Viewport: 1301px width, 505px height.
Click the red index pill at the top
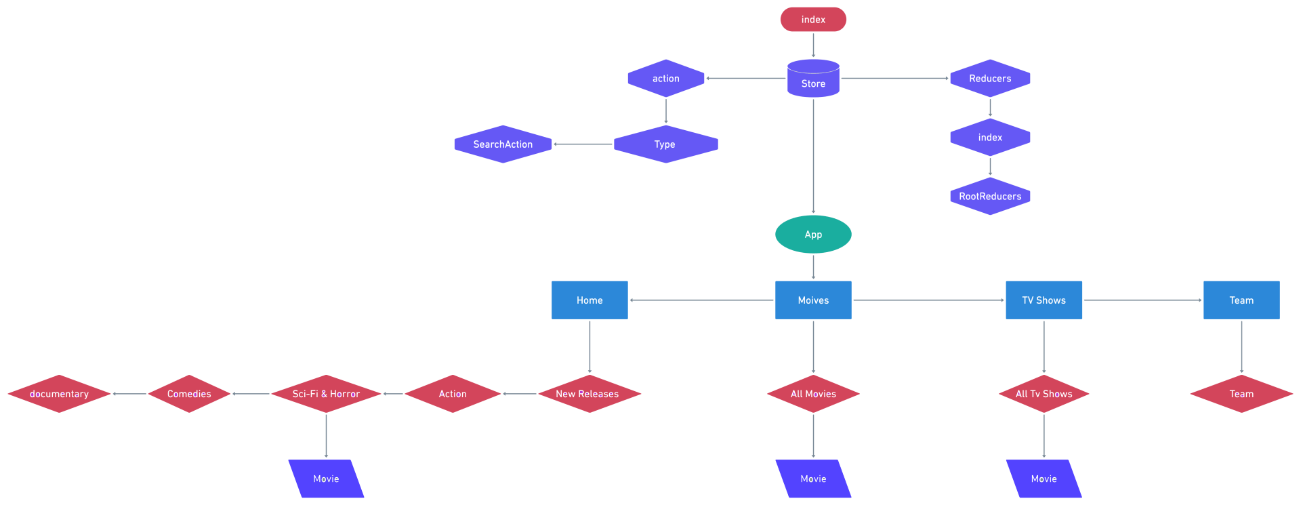[x=813, y=20]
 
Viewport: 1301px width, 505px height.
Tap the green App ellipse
[x=813, y=235]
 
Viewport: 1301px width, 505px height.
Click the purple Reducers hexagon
[x=990, y=79]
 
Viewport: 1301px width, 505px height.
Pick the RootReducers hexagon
[x=990, y=197]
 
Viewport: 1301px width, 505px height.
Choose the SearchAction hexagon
[x=503, y=144]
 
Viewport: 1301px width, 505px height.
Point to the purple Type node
[x=665, y=144]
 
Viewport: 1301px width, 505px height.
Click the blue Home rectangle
[x=590, y=300]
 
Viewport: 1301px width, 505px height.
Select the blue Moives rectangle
[x=813, y=300]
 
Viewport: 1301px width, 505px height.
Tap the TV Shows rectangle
[x=1044, y=300]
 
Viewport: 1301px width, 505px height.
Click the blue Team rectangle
[x=1241, y=300]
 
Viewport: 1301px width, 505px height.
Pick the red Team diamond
[x=1241, y=394]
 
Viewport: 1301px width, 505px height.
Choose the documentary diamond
[x=59, y=394]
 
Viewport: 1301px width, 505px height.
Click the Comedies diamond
[x=189, y=394]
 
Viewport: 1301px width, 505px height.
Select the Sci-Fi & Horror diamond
[x=326, y=394]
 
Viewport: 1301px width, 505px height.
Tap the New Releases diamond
[x=588, y=394]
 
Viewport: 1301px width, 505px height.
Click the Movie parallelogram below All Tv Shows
[x=1044, y=479]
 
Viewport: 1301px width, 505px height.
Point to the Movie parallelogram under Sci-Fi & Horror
[x=326, y=479]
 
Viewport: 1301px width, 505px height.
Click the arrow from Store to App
[x=813, y=156]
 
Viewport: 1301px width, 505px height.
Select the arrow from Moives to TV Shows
[x=928, y=300]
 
